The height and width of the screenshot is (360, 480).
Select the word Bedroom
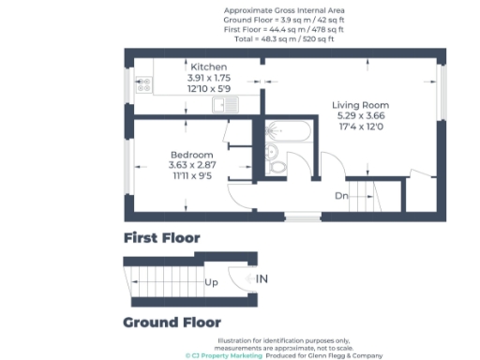click(191, 155)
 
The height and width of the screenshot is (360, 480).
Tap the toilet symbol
click(277, 167)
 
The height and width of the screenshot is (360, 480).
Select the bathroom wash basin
click(270, 150)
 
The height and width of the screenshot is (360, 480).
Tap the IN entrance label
click(262, 278)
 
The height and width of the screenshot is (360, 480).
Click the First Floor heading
click(161, 238)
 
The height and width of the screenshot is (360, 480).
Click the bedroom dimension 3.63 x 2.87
click(191, 165)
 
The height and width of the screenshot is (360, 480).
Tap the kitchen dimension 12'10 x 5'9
click(210, 89)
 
